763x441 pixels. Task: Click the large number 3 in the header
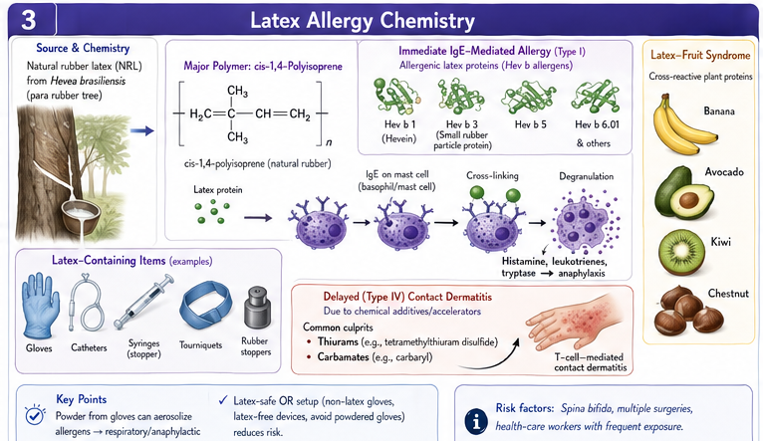[x=28, y=20]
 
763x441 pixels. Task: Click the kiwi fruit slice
[x=681, y=253]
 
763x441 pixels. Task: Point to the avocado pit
[x=688, y=200]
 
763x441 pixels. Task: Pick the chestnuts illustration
[x=688, y=311]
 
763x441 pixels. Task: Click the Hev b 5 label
[x=530, y=124]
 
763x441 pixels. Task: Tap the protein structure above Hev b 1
[x=396, y=97]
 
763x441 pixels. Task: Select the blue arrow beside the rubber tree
[x=142, y=130]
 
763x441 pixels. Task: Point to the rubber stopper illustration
[x=257, y=308]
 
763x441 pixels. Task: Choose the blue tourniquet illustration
[x=204, y=306]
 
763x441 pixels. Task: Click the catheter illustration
[x=86, y=302]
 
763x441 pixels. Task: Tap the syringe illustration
[x=143, y=302]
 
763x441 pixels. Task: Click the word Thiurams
[x=338, y=341]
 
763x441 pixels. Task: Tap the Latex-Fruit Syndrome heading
[x=700, y=55]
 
